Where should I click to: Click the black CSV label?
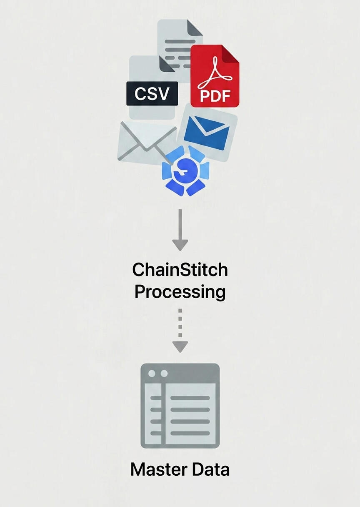click(152, 93)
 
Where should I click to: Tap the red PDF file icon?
click(215, 76)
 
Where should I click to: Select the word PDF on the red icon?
click(215, 96)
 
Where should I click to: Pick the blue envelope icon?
click(207, 132)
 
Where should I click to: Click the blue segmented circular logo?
click(186, 171)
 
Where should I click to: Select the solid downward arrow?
click(180, 230)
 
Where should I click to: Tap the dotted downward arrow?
click(180, 330)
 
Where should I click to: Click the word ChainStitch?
click(180, 270)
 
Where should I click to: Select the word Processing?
click(180, 292)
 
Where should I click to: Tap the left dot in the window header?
click(152, 374)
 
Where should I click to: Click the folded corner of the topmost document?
click(195, 28)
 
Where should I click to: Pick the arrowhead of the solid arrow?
click(180, 245)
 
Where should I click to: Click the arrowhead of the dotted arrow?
click(180, 347)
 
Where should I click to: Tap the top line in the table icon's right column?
click(190, 398)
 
